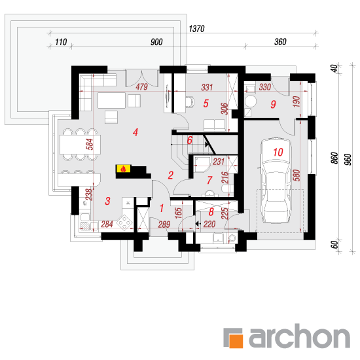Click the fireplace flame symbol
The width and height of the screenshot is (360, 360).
[x=123, y=169]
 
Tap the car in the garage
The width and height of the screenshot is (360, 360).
[x=276, y=181]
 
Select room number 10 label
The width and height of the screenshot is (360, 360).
[x=278, y=153]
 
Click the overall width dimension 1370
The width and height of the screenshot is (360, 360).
[x=196, y=29]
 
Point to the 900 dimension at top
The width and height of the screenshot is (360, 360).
[x=156, y=42]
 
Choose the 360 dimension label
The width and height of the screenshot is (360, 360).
[x=280, y=42]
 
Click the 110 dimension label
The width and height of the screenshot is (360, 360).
[x=61, y=42]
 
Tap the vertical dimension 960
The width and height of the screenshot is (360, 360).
[x=348, y=159]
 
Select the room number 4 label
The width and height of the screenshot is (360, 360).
[x=135, y=132]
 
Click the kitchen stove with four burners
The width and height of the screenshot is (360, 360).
[x=124, y=223]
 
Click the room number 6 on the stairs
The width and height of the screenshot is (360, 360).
[x=189, y=140]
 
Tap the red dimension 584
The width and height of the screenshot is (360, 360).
[x=90, y=144]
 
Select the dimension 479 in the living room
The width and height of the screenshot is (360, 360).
[x=141, y=87]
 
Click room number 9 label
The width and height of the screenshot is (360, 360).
[x=273, y=105]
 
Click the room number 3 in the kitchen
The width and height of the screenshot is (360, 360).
[x=107, y=201]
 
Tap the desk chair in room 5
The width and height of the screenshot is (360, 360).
[x=189, y=101]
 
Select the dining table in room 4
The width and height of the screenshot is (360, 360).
[x=80, y=145]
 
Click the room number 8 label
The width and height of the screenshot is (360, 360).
[x=211, y=212]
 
